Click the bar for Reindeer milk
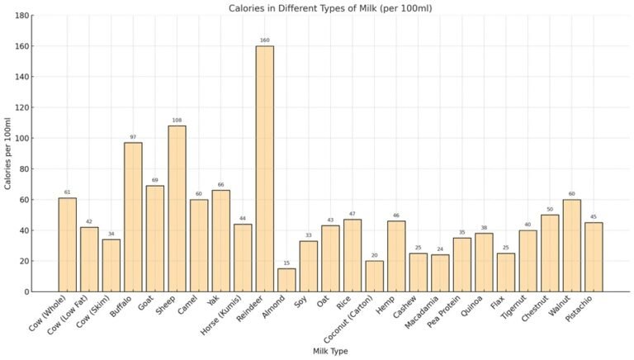264,168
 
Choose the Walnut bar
571,245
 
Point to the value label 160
264,40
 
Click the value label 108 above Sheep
177,120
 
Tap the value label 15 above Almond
286,263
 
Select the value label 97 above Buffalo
133,137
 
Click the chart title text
330,8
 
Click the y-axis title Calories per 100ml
8,153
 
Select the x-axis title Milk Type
330,351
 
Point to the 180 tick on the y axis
20,16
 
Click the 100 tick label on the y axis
20,138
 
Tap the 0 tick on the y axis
25,291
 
